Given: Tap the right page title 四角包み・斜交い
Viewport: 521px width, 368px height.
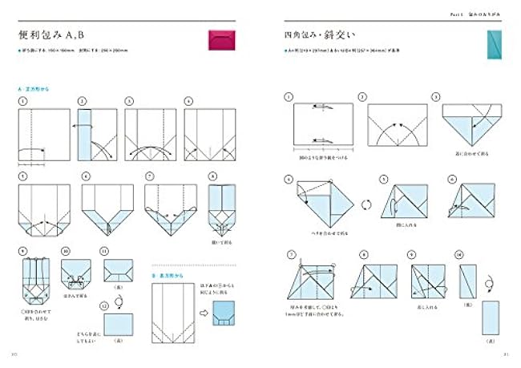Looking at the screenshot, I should [313, 37].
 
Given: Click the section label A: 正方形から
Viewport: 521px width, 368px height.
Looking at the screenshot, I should [33, 89].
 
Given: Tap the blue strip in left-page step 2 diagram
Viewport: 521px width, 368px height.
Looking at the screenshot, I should [83, 133].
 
